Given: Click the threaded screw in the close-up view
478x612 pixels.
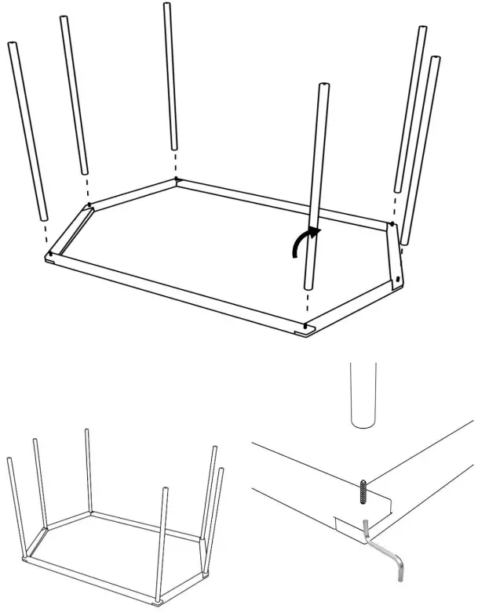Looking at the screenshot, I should coord(364,492).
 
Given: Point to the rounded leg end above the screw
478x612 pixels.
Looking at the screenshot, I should coord(362,400).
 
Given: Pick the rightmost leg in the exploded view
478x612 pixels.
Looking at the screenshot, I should coord(421,149).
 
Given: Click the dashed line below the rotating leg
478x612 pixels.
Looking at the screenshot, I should coord(308,306).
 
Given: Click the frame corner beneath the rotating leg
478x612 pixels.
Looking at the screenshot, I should coord(306,326).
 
